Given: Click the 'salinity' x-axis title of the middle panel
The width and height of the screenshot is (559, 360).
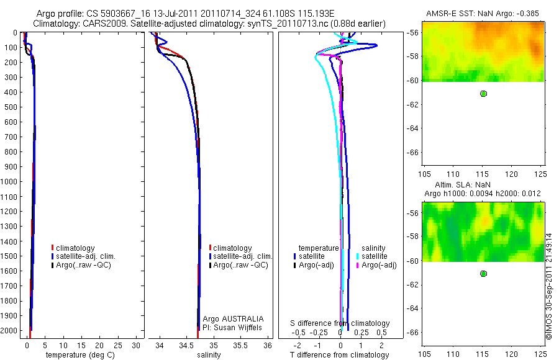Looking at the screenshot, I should tap(209, 355).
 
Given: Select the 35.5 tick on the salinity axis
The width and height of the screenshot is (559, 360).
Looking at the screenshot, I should tap(240, 344).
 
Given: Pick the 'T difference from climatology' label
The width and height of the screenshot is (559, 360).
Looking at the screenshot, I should tap(340, 355).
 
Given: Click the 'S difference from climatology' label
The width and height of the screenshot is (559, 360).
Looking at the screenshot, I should tap(340, 323).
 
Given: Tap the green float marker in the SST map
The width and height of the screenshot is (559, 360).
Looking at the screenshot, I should tap(483, 94).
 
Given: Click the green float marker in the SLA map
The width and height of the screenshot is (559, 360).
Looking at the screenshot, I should tap(483, 274).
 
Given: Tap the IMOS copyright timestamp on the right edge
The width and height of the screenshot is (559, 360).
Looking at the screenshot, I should tap(548, 286).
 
